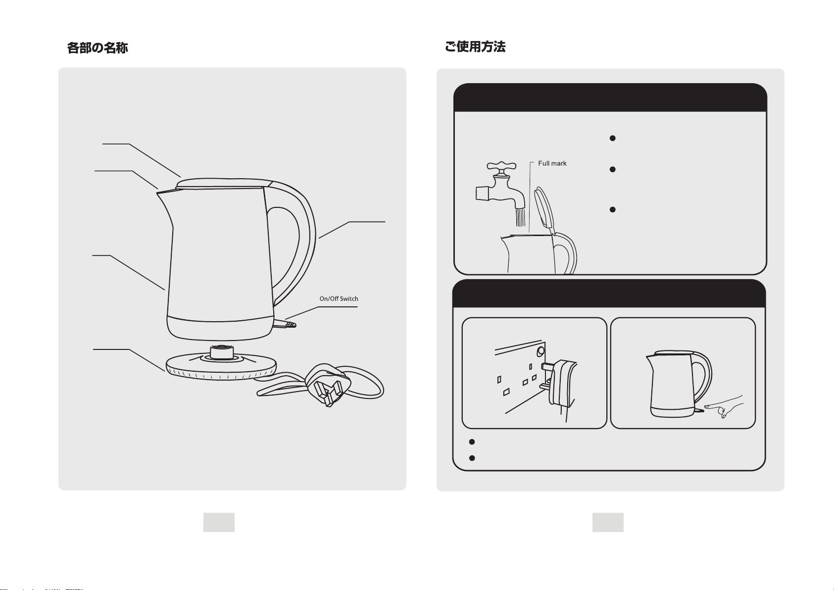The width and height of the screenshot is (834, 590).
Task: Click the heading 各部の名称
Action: pyautogui.click(x=98, y=48)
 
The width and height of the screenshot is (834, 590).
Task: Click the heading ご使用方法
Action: pyautogui.click(x=475, y=47)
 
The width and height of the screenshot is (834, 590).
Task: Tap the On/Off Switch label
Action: pyautogui.click(x=339, y=298)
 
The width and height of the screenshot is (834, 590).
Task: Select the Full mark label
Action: pyautogui.click(x=552, y=163)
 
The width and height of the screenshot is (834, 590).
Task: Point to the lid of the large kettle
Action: pyautogui.click(x=224, y=183)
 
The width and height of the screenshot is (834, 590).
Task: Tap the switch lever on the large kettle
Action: pyautogui.click(x=285, y=324)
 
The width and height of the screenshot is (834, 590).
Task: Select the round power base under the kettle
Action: pyautogui.click(x=221, y=367)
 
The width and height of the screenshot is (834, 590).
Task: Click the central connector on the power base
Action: pyautogui.click(x=222, y=352)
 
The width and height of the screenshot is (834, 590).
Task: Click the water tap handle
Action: pyautogui.click(x=501, y=166)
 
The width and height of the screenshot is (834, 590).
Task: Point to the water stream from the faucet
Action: pyautogui.click(x=520, y=217)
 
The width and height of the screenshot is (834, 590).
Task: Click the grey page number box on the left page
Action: pyautogui.click(x=219, y=522)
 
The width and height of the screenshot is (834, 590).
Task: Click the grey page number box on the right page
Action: pyautogui.click(x=608, y=522)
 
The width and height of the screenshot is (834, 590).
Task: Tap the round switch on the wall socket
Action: pyautogui.click(x=540, y=350)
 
